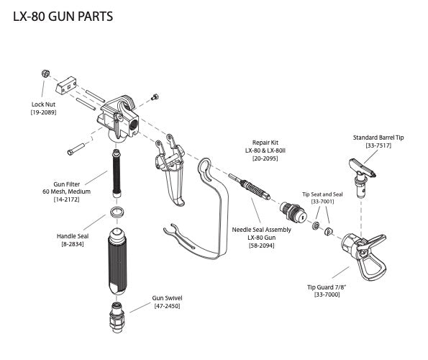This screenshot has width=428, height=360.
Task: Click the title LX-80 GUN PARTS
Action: click(x=63, y=17)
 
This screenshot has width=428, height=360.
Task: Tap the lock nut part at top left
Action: click(x=45, y=73)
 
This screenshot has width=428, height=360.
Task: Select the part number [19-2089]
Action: click(x=43, y=112)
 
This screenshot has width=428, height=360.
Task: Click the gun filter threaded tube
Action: click(x=117, y=173)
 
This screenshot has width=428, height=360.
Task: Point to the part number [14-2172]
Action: click(x=67, y=199)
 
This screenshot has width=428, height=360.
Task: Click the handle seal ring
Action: click(x=118, y=212)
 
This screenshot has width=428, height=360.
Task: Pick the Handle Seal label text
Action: click(x=73, y=236)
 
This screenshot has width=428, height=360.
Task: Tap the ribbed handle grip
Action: click(x=117, y=261)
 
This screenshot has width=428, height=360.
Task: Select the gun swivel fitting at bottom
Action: click(x=117, y=318)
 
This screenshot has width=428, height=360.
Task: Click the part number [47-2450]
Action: click(x=168, y=306)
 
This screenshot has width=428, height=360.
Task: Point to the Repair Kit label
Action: click(x=265, y=143)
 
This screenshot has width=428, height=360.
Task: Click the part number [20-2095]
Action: click(x=265, y=158)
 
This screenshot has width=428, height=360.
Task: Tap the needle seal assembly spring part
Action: click(x=250, y=186)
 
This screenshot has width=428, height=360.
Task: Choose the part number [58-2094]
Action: click(x=262, y=246)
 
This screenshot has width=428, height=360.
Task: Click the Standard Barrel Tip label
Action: click(x=378, y=138)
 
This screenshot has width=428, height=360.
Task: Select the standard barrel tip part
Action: click(x=363, y=177)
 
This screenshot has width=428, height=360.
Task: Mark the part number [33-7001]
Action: click(x=323, y=202)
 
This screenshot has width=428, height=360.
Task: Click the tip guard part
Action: click(x=364, y=256)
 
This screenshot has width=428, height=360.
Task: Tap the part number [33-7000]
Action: click(x=327, y=294)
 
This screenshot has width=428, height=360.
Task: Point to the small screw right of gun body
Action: click(x=155, y=97)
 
